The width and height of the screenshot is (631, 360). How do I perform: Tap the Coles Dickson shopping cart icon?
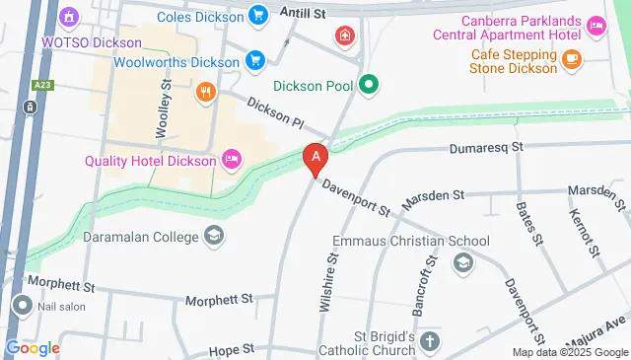pyautogui.click(x=257, y=15)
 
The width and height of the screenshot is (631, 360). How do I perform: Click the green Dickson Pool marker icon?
pyautogui.click(x=369, y=85)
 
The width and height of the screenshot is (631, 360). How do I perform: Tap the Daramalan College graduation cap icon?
pyautogui.click(x=214, y=236)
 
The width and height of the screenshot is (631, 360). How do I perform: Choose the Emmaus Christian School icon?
pyautogui.click(x=462, y=262)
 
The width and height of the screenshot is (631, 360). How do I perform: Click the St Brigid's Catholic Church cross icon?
pyautogui.click(x=429, y=341)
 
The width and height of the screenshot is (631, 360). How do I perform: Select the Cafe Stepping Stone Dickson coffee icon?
pyautogui.click(x=571, y=60)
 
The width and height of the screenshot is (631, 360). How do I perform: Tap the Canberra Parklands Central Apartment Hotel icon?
pyautogui.click(x=596, y=27)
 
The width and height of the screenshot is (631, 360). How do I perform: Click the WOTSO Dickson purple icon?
pyautogui.click(x=69, y=18)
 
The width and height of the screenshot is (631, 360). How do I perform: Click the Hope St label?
pyautogui.click(x=236, y=348)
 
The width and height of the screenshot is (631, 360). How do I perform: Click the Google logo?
pyautogui.click(x=33, y=348)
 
